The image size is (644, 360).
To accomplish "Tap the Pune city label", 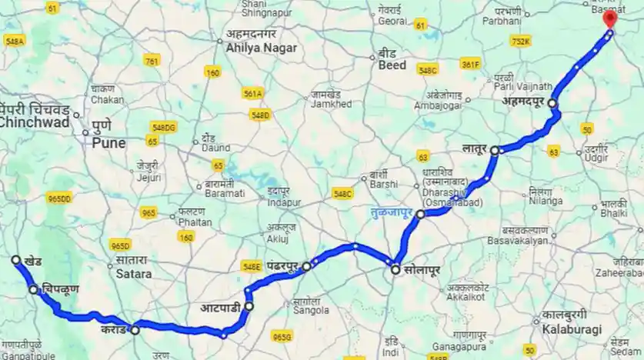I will (108, 143).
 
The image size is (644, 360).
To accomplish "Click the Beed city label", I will (392, 65).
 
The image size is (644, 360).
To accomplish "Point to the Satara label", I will (135, 273).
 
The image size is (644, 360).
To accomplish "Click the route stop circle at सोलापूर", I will (395, 270).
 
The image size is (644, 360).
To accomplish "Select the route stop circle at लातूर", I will (496, 150).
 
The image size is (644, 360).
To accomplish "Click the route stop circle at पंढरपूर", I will (306, 267).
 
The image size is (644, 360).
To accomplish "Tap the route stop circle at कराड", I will (135, 330).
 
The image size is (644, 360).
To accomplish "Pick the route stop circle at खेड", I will (16, 261).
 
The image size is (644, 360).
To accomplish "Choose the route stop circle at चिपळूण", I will (34, 290).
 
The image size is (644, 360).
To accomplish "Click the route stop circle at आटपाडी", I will (249, 306).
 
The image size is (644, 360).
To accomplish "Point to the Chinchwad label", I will (35, 122).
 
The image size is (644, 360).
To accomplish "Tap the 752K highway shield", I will (521, 42).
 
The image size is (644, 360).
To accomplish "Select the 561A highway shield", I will (253, 93).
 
